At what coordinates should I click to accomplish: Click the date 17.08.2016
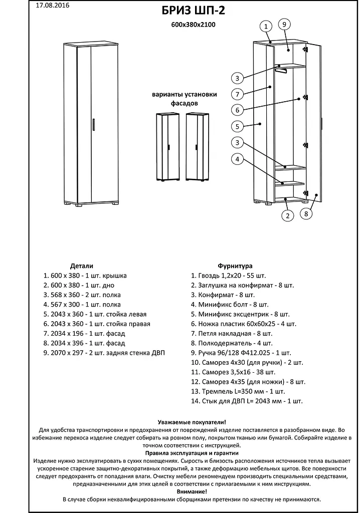(x=53, y=6)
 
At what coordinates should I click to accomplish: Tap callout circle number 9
(x=284, y=24)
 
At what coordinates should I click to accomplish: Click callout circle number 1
(x=266, y=26)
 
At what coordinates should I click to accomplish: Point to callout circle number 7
(x=238, y=94)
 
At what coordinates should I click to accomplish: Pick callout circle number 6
(x=238, y=110)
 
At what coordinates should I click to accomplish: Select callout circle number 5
(x=238, y=126)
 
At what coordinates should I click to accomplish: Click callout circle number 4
(x=238, y=159)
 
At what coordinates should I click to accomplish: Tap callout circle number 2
(x=287, y=216)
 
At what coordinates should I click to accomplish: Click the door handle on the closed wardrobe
(x=93, y=124)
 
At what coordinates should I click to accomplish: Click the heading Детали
(x=82, y=266)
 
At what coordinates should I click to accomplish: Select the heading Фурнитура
(x=235, y=266)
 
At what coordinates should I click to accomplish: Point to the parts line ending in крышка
(x=85, y=276)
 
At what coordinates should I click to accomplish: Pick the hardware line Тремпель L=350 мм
(x=238, y=391)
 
